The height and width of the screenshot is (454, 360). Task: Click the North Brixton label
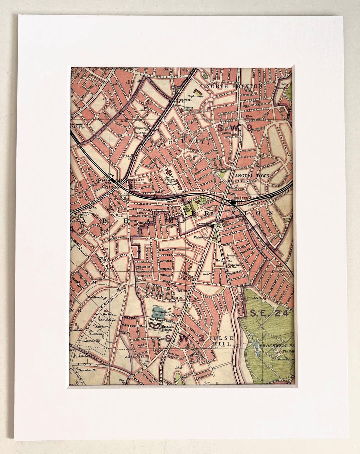[x=234, y=86]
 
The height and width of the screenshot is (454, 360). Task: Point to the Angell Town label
[x=247, y=175]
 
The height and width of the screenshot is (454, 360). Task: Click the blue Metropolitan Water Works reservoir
[x=159, y=313]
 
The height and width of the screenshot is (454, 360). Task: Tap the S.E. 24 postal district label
[x=271, y=313]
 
